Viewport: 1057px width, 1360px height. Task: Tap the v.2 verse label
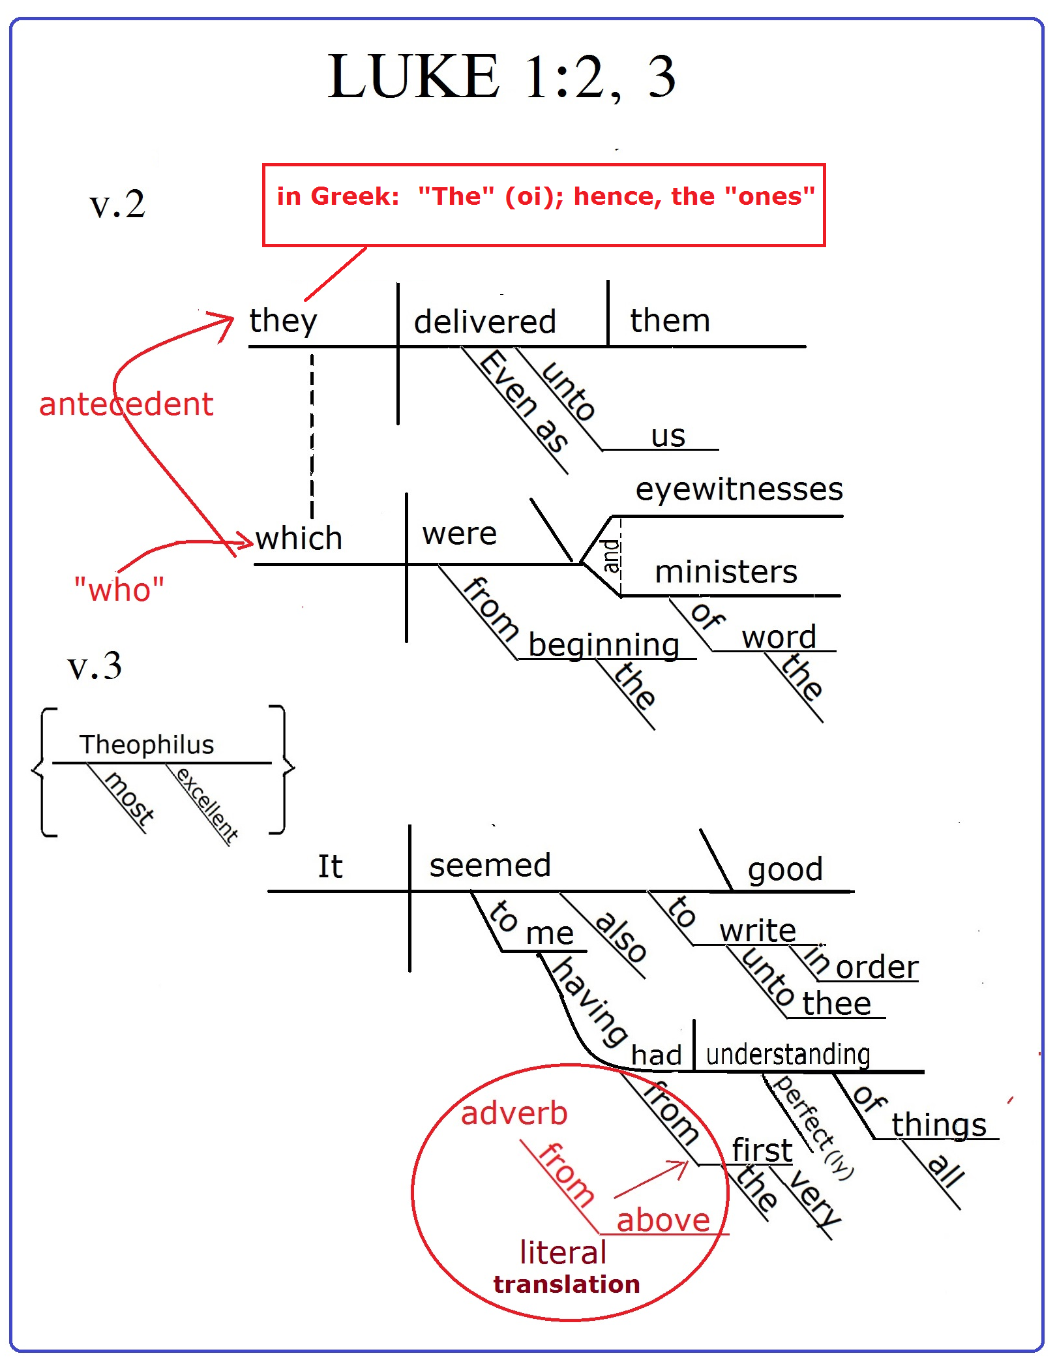(x=117, y=205)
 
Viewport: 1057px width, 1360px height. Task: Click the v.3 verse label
(x=95, y=667)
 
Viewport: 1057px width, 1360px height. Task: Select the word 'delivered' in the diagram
(x=484, y=322)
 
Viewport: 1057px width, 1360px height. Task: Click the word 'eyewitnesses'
(x=739, y=490)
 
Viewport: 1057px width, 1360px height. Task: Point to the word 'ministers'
(x=726, y=572)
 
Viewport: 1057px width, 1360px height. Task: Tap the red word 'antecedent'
(x=126, y=404)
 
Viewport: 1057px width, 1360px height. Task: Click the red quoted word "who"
(x=119, y=590)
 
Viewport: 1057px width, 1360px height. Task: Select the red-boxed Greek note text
(x=545, y=196)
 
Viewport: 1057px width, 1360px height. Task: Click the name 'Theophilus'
(x=147, y=745)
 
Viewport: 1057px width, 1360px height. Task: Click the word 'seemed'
(x=490, y=866)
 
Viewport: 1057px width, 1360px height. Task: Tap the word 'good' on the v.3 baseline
(x=785, y=869)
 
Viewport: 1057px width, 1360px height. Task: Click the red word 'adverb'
(x=514, y=1113)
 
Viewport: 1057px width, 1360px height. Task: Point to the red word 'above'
(x=662, y=1220)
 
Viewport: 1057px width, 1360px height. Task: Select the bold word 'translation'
(x=566, y=1284)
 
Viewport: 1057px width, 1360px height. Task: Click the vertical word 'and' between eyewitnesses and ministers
(x=611, y=556)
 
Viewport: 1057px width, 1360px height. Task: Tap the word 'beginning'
(x=603, y=645)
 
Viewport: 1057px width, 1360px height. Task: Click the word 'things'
(x=938, y=1125)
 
